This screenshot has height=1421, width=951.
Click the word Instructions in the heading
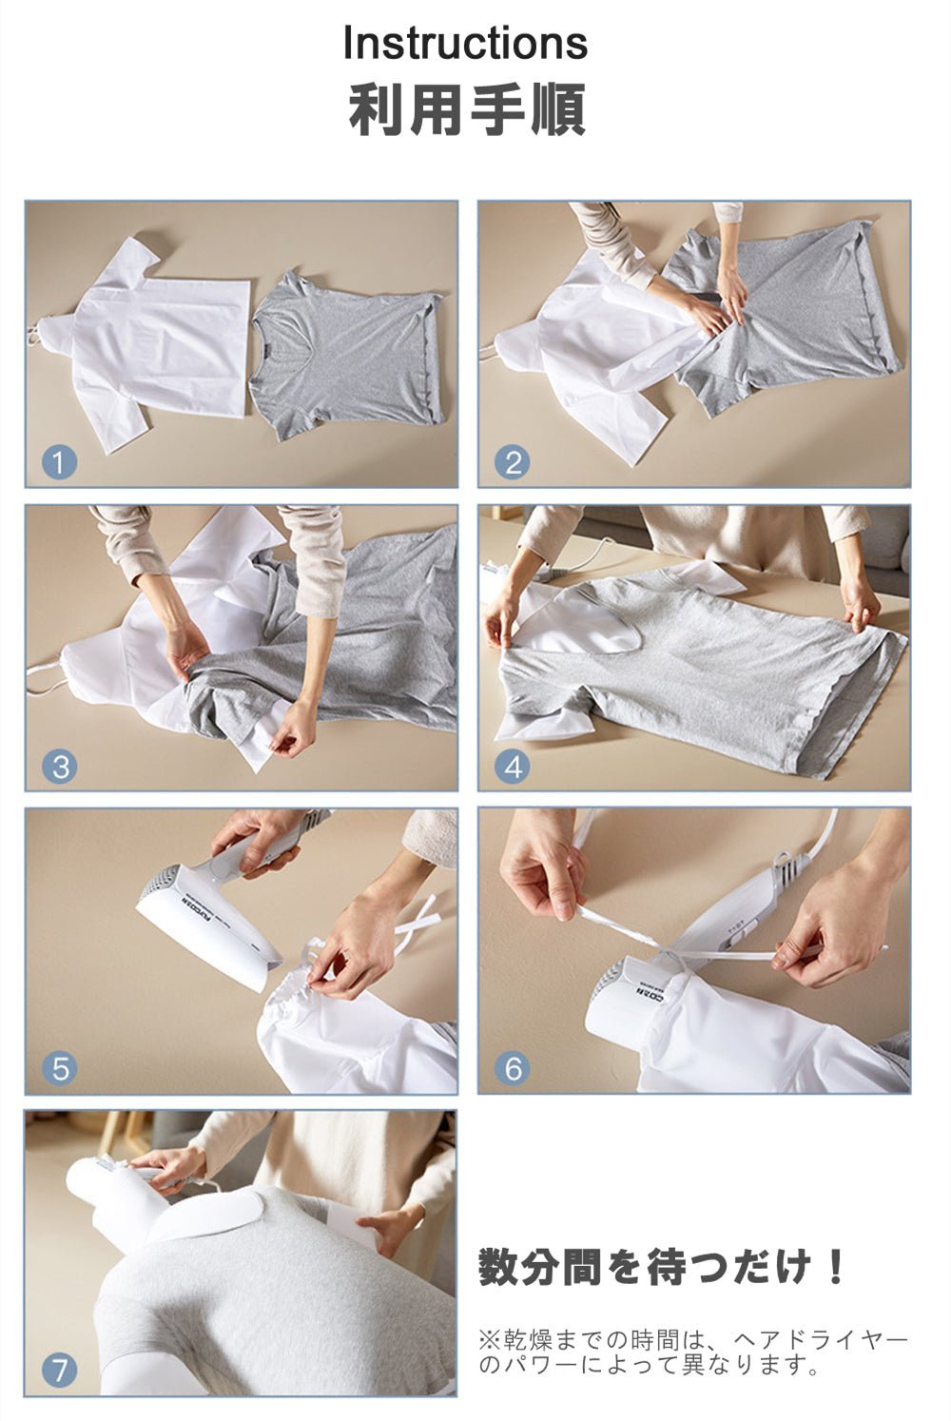pos(465,43)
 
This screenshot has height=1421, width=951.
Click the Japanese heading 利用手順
pos(467,110)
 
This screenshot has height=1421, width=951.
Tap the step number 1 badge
pos(60,462)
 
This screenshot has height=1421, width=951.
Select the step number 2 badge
pos(512,462)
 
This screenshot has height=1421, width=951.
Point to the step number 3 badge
pos(60,767)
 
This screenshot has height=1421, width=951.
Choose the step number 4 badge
pos(512,767)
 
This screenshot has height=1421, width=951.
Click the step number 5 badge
pos(60,1069)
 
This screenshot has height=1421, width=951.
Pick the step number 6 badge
pos(512,1069)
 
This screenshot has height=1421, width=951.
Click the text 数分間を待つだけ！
pos(661,1267)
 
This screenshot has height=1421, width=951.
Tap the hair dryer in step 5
pos(235,901)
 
